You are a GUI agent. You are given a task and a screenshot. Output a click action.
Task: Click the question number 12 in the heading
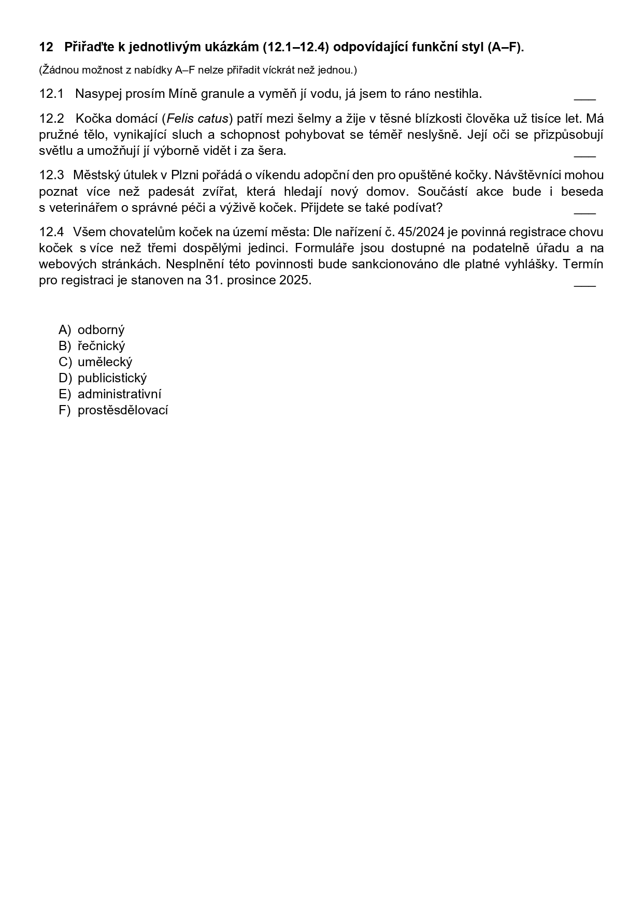point(46,47)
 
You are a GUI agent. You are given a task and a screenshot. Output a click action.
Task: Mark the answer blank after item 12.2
point(585,154)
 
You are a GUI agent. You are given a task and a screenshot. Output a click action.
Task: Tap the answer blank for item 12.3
point(585,211)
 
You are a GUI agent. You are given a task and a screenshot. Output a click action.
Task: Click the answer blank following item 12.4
point(585,284)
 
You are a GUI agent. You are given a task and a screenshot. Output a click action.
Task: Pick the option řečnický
point(101,346)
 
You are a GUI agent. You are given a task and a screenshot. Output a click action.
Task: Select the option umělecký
point(105,362)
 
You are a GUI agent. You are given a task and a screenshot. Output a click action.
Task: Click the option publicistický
point(112,378)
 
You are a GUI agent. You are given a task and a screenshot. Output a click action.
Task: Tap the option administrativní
point(119,394)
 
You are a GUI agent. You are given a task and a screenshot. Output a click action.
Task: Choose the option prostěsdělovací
point(123,410)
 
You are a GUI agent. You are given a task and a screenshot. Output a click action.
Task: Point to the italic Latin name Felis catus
point(198,119)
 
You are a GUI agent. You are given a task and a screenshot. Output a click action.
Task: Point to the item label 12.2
point(51,119)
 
